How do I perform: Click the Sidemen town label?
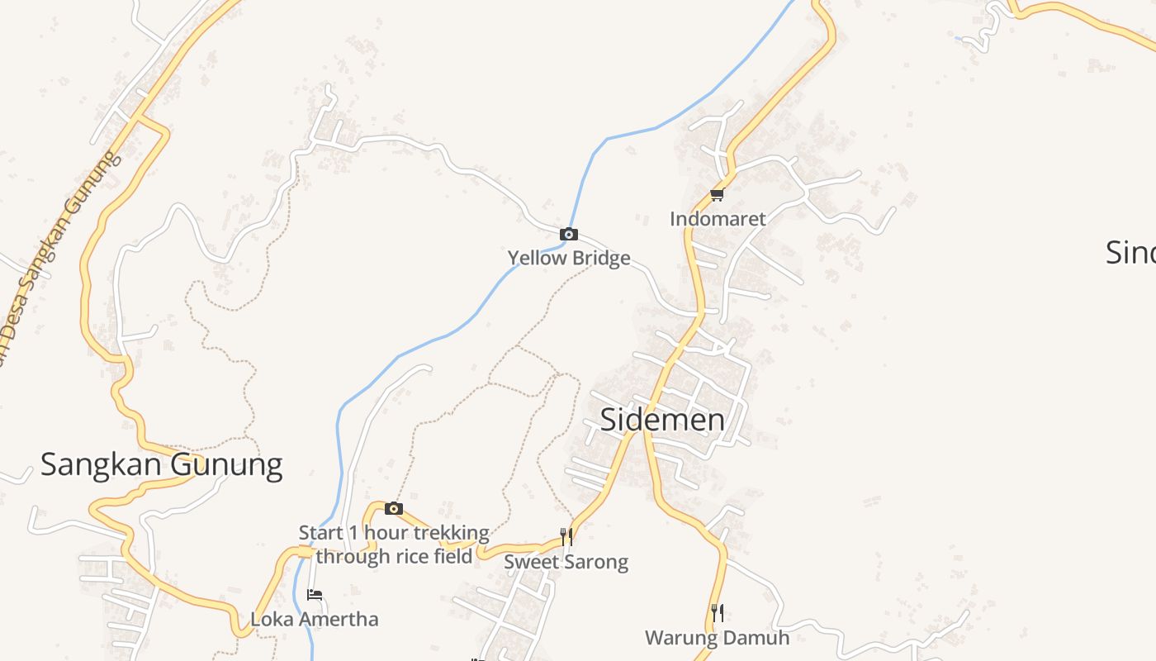[662, 420]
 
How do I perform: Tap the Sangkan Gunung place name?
[161, 464]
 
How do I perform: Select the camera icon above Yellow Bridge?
[568, 235]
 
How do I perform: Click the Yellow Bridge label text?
[568, 258]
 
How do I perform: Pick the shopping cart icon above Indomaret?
[717, 195]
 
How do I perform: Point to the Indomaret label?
[718, 219]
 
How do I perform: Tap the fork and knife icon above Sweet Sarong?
[566, 537]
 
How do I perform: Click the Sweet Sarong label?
[566, 562]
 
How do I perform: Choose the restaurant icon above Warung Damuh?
[717, 613]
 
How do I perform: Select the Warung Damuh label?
[717, 638]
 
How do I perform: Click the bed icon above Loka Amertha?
[314, 595]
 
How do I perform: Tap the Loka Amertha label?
[314, 619]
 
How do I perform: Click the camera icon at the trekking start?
[394, 508]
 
